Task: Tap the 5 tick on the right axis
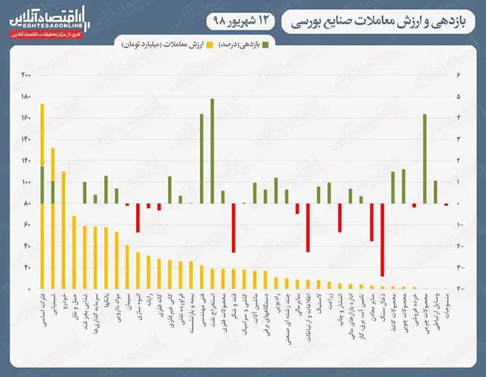[458, 97]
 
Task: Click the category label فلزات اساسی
[42, 307]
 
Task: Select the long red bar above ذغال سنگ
[382, 240]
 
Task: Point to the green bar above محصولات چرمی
[424, 158]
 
